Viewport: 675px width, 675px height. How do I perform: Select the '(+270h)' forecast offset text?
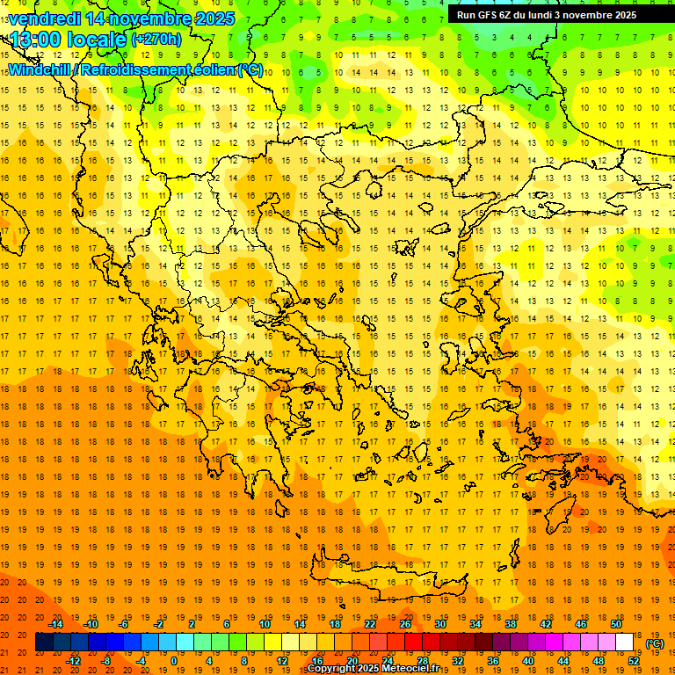[x=156, y=39]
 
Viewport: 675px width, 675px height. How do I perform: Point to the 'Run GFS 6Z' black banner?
[x=554, y=15]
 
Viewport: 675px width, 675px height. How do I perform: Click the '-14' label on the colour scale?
[x=56, y=624]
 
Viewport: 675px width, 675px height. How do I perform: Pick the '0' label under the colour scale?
[x=174, y=661]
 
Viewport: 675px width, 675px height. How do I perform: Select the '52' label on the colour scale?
[x=635, y=661]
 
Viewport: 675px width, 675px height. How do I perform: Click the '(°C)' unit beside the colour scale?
[x=655, y=643]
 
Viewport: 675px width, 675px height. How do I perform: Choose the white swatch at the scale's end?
[x=625, y=642]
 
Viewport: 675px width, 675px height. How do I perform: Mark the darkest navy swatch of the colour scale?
[x=44, y=642]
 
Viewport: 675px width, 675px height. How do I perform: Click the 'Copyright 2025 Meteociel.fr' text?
[x=373, y=669]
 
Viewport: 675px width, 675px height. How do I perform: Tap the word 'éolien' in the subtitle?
[x=209, y=69]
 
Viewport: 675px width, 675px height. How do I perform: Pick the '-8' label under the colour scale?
[x=105, y=661]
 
